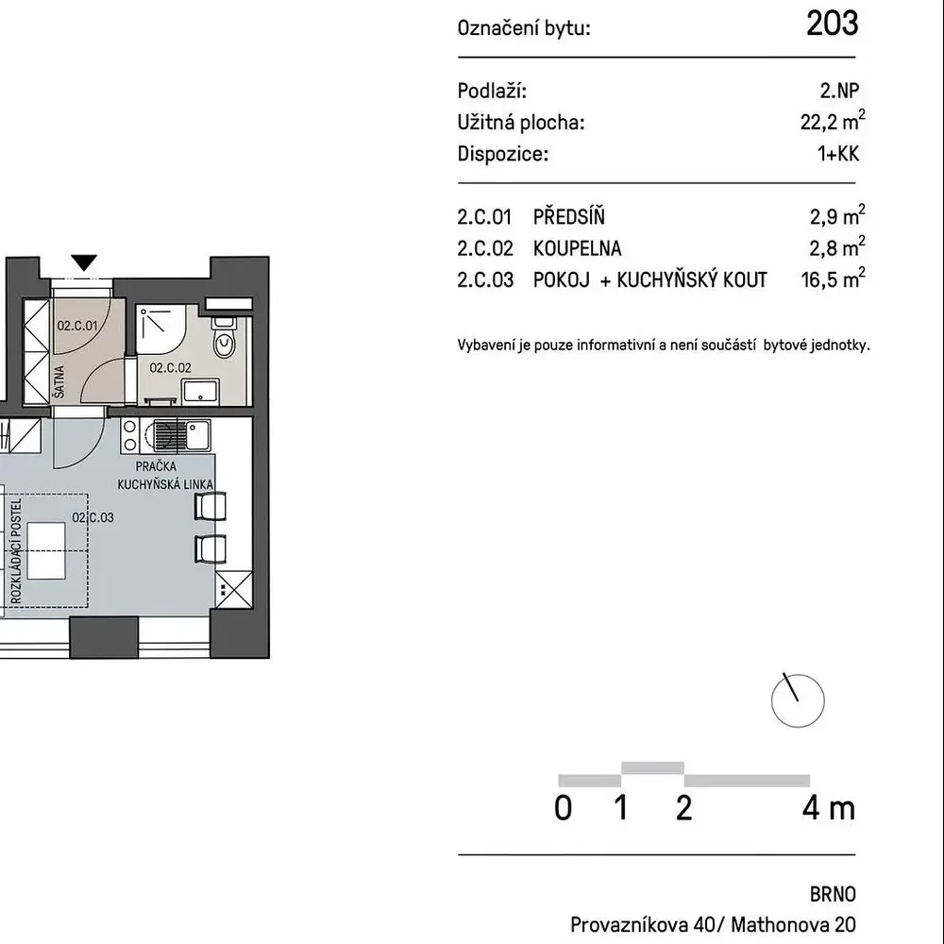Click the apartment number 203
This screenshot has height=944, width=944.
click(832, 24)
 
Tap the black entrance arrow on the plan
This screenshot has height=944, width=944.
click(84, 262)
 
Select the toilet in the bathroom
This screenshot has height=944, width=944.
click(224, 337)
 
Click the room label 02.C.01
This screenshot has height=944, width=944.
click(77, 326)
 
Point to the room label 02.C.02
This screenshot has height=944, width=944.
click(170, 367)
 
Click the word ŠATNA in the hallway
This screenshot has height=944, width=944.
click(59, 381)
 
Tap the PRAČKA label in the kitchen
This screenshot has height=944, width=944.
click(156, 466)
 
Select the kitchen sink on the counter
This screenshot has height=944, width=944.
click(181, 434)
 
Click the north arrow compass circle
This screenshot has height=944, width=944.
click(798, 700)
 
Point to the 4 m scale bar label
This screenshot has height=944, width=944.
click(829, 808)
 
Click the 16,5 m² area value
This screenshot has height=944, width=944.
click(833, 278)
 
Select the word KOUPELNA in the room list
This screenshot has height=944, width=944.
click(577, 248)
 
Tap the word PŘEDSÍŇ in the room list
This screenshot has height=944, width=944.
click(569, 216)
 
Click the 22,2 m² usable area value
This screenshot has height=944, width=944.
click(833, 121)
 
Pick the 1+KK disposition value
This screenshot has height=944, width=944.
click(838, 154)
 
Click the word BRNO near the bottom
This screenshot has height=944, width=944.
click(833, 894)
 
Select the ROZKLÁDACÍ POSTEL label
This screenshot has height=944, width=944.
click(16, 550)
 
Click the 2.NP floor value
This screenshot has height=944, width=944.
click(839, 91)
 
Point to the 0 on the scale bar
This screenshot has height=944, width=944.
click(563, 808)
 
